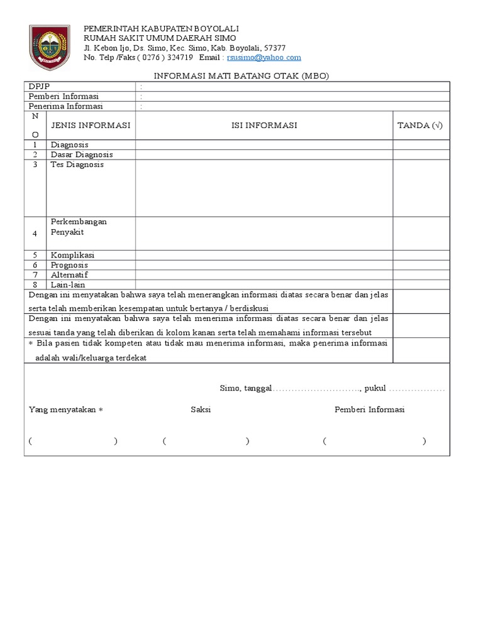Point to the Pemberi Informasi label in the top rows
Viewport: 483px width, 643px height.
pos(64,97)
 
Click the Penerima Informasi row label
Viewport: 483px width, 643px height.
pos(66,106)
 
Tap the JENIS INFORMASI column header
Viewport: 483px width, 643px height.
pos(91,126)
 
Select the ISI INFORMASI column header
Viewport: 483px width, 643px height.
pos(264,126)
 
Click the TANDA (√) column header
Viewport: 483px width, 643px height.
pos(420,126)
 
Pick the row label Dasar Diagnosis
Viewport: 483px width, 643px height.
pos(82,154)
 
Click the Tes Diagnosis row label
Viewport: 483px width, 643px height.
pos(77,165)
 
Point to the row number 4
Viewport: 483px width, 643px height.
pos(35,233)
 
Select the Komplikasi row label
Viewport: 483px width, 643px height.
pos(73,256)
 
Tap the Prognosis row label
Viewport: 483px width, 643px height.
pos(70,265)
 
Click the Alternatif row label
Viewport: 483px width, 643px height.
pos(70,275)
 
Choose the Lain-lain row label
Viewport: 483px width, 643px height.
pos(68,284)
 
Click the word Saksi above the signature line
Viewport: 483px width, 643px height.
pos(201,409)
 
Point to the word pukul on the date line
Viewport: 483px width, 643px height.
pos(375,389)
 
